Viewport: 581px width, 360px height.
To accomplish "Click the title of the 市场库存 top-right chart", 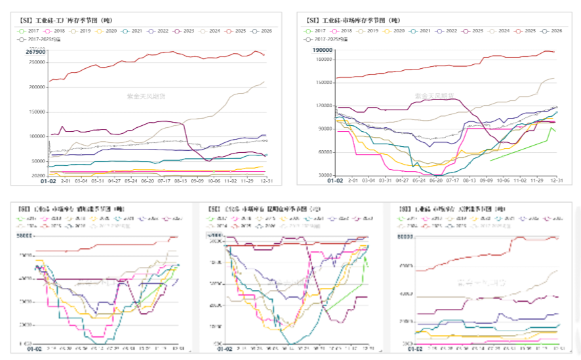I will coord(351,20).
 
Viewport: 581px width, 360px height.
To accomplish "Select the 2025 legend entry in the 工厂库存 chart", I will coord(249,31).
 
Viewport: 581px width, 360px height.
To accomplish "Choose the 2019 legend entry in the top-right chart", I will coord(371,31).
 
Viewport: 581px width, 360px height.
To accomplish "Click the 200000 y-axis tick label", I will coord(37,87).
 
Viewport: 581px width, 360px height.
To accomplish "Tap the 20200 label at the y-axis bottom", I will coord(38,176).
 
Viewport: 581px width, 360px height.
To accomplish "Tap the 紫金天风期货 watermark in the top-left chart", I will coord(146,96).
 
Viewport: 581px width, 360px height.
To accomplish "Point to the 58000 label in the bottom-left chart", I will coord(26,236).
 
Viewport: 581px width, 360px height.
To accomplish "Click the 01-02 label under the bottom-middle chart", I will coord(224,348).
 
